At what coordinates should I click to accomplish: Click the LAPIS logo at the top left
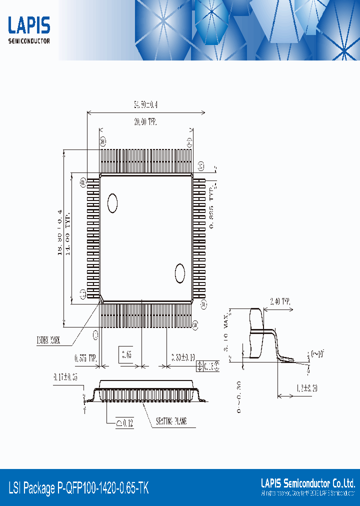(x=29, y=29)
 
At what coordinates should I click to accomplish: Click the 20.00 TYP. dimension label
(x=146, y=121)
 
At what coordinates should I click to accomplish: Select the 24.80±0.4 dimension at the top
(x=145, y=105)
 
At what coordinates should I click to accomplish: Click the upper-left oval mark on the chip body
(x=112, y=202)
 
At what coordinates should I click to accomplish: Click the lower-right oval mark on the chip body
(x=179, y=273)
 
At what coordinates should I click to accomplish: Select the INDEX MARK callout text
(x=48, y=341)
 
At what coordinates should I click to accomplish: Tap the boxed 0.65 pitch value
(x=127, y=355)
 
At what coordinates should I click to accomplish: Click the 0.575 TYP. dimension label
(x=85, y=358)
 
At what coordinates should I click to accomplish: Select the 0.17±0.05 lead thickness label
(x=66, y=377)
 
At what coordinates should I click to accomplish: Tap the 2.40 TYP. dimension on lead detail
(x=279, y=301)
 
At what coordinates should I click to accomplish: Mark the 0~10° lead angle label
(x=317, y=354)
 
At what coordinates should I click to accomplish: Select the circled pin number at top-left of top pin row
(x=103, y=141)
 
